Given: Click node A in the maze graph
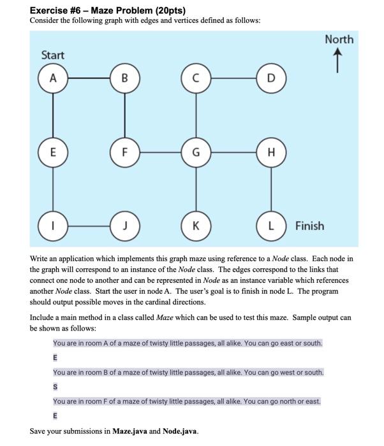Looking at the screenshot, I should coord(54,78).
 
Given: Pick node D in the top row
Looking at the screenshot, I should coord(270,78).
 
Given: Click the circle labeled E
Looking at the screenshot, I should coord(54,152).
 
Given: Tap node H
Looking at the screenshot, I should coord(270,152).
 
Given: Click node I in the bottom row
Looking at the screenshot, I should coord(54,225).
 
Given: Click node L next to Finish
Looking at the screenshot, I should coord(270,225).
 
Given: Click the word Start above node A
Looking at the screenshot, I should coord(52,55).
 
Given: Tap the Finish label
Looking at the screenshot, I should coord(309,226).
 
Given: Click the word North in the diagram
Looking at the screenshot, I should coord(339,40).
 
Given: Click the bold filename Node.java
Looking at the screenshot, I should coord(181,431).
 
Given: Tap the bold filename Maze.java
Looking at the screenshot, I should coord(131,431).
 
